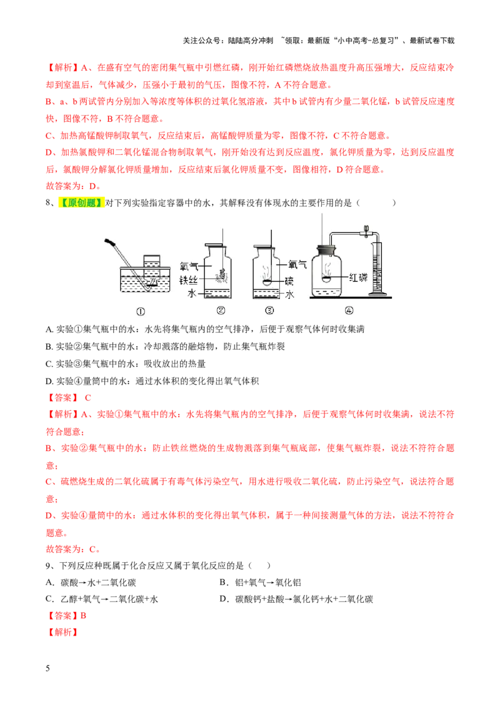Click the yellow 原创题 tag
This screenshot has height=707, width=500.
[x=81, y=203]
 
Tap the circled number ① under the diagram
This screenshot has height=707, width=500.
[x=140, y=311]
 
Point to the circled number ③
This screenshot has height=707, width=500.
[x=269, y=310]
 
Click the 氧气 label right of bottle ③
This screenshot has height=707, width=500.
[x=296, y=264]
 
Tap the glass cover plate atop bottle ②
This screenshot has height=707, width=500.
[x=213, y=243]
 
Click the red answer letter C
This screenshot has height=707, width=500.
[x=88, y=397]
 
